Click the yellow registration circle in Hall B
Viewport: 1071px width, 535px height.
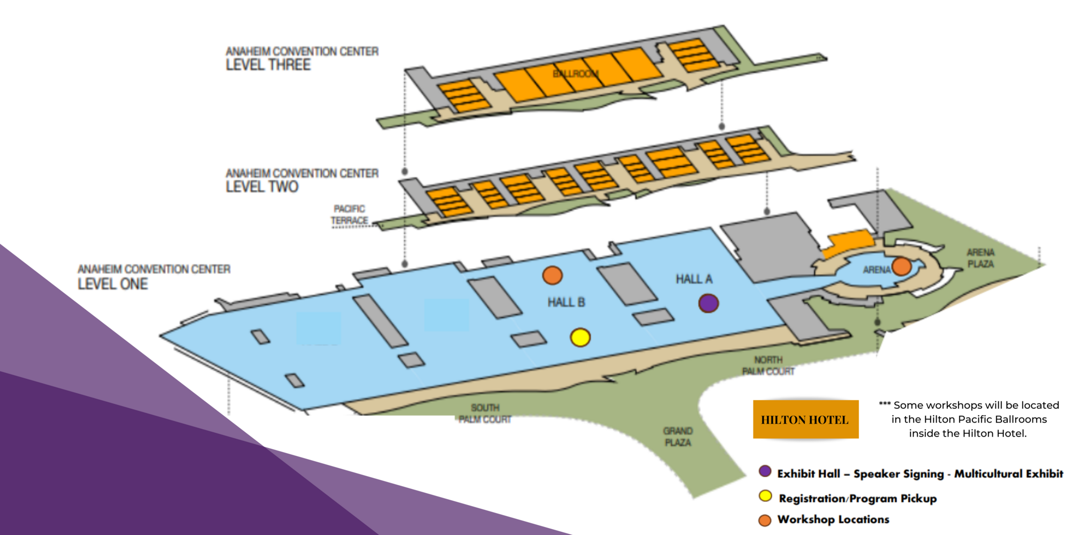point(580,338)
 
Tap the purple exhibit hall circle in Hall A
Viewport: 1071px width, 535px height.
point(708,303)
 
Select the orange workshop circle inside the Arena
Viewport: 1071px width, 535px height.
point(902,266)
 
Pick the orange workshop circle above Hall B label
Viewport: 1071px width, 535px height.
point(553,275)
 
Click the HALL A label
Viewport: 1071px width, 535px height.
point(693,279)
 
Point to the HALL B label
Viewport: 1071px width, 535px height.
point(566,303)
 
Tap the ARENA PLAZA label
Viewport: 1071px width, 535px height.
point(981,258)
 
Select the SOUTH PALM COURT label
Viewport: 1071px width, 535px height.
point(485,414)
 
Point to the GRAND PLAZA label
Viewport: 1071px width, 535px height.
point(678,437)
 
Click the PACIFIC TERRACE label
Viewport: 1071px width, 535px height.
point(349,215)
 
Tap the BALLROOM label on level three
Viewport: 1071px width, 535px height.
point(576,73)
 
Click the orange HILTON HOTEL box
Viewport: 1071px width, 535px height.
point(805,420)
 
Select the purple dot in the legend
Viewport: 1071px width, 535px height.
point(765,471)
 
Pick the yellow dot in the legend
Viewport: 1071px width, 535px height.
point(765,496)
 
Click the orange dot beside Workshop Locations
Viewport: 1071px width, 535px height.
point(765,520)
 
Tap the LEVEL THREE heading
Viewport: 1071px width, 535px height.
point(268,65)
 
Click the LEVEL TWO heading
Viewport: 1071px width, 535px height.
point(262,187)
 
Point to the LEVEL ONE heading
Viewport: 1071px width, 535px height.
point(112,284)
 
